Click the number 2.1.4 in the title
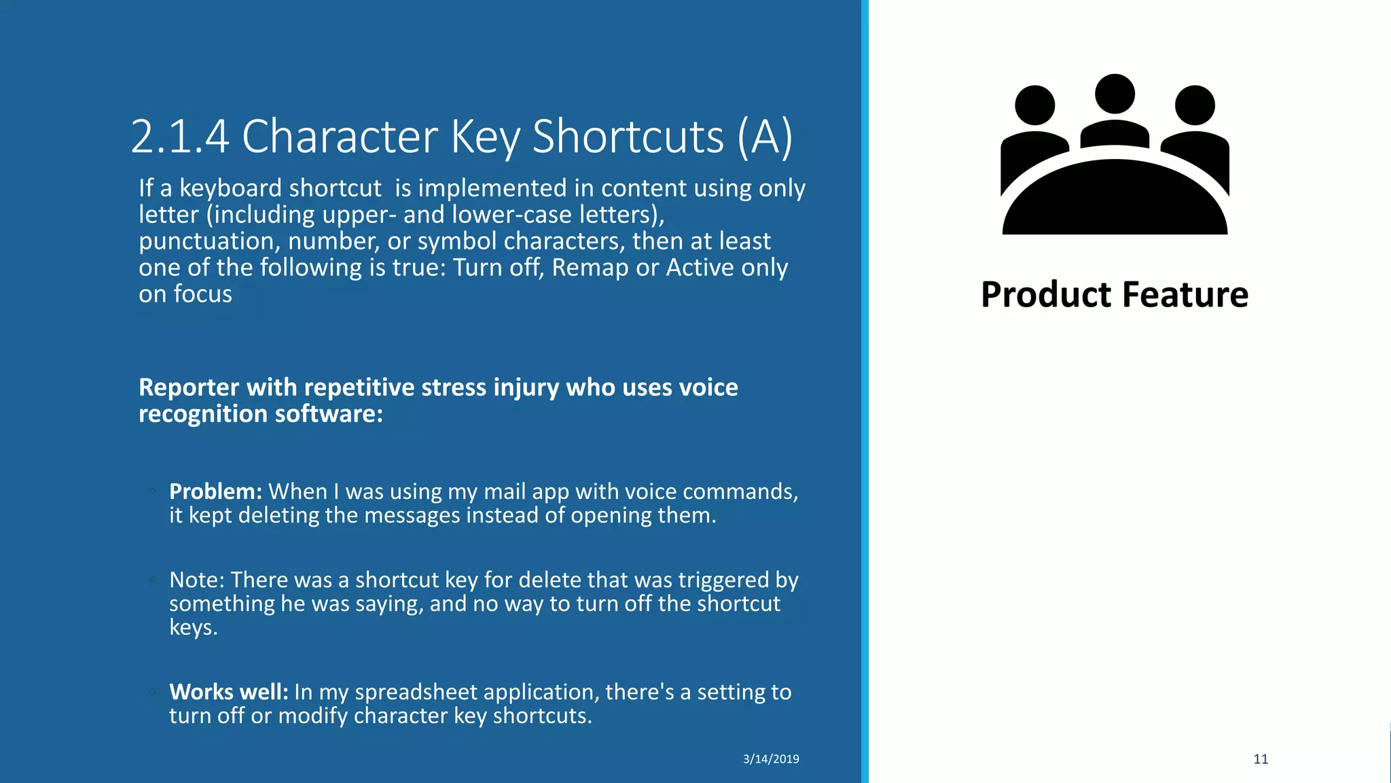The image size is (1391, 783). [x=179, y=137]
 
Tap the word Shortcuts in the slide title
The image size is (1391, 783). [x=628, y=137]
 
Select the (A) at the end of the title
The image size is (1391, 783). [x=765, y=137]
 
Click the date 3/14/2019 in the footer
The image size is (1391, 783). [x=771, y=759]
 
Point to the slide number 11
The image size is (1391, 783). [x=1261, y=759]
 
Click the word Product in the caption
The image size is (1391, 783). [x=1046, y=295]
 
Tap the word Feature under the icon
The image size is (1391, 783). [x=1185, y=295]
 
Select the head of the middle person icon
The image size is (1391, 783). [x=1115, y=94]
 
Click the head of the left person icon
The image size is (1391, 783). [x=1034, y=105]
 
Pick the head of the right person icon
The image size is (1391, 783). [x=1195, y=105]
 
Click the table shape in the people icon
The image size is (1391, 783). [x=1115, y=201]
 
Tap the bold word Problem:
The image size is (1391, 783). [x=215, y=491]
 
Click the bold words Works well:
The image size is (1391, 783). [x=229, y=692]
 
